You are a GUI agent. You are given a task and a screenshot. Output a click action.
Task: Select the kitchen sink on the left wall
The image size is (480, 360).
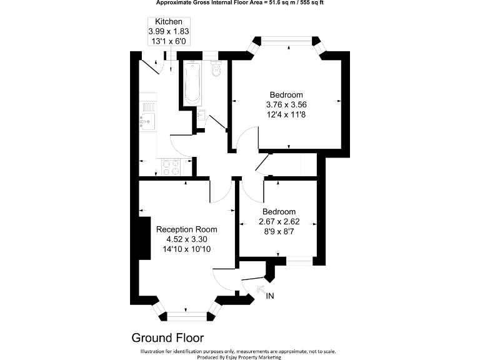147,116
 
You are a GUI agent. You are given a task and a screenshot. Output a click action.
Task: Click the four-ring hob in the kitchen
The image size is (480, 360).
171,166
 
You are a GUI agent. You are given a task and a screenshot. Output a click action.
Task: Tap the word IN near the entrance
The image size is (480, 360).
270,296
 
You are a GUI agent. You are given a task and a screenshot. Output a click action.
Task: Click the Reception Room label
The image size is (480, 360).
187,229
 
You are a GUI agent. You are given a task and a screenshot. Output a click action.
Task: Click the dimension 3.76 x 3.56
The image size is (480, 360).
287,105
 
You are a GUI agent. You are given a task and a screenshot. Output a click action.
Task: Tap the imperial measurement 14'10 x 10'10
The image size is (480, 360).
187,249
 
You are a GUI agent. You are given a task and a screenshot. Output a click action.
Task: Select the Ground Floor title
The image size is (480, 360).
167,338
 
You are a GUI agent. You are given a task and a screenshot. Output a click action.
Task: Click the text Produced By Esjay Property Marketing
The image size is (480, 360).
239,357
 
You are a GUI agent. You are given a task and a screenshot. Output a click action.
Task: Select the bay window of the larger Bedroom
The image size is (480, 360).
287,42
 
